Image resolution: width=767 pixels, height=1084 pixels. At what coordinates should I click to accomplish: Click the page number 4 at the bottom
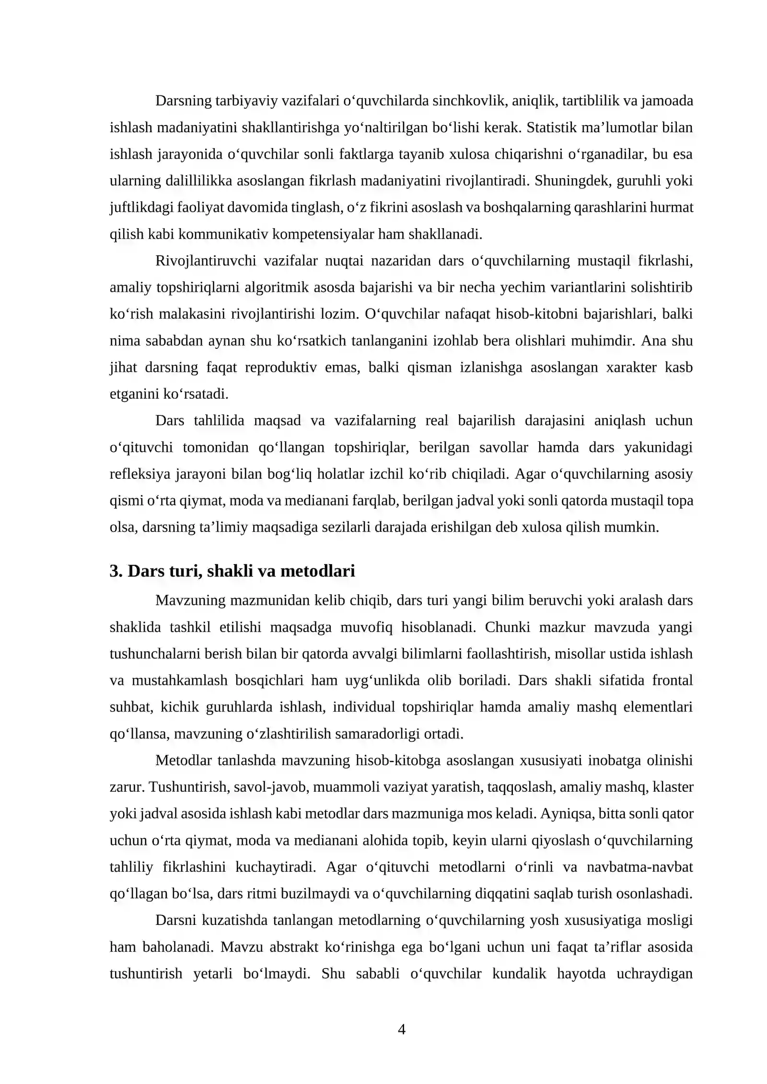tap(402, 1029)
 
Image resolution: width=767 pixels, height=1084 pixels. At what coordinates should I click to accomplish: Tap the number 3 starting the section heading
tap(114, 571)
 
